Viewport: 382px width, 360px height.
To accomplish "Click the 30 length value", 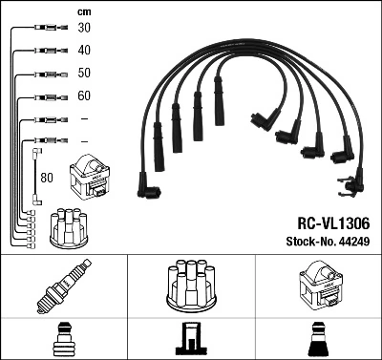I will click(x=84, y=29).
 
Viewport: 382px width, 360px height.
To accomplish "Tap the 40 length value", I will click(x=84, y=51).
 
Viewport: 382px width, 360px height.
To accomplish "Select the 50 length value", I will click(x=84, y=74).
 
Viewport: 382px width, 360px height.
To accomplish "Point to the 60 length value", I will click(x=84, y=96).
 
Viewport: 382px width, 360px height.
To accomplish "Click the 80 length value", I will click(x=47, y=177).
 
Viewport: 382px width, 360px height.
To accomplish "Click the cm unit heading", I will click(x=83, y=11).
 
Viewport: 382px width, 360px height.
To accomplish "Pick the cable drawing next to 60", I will click(x=43, y=96).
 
